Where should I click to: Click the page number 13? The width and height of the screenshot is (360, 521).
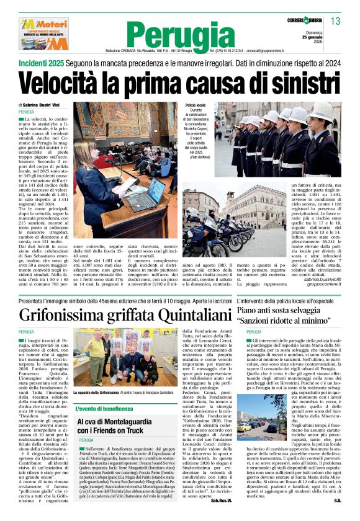pos(336,22)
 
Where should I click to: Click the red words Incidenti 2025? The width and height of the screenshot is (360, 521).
pos(43,63)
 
